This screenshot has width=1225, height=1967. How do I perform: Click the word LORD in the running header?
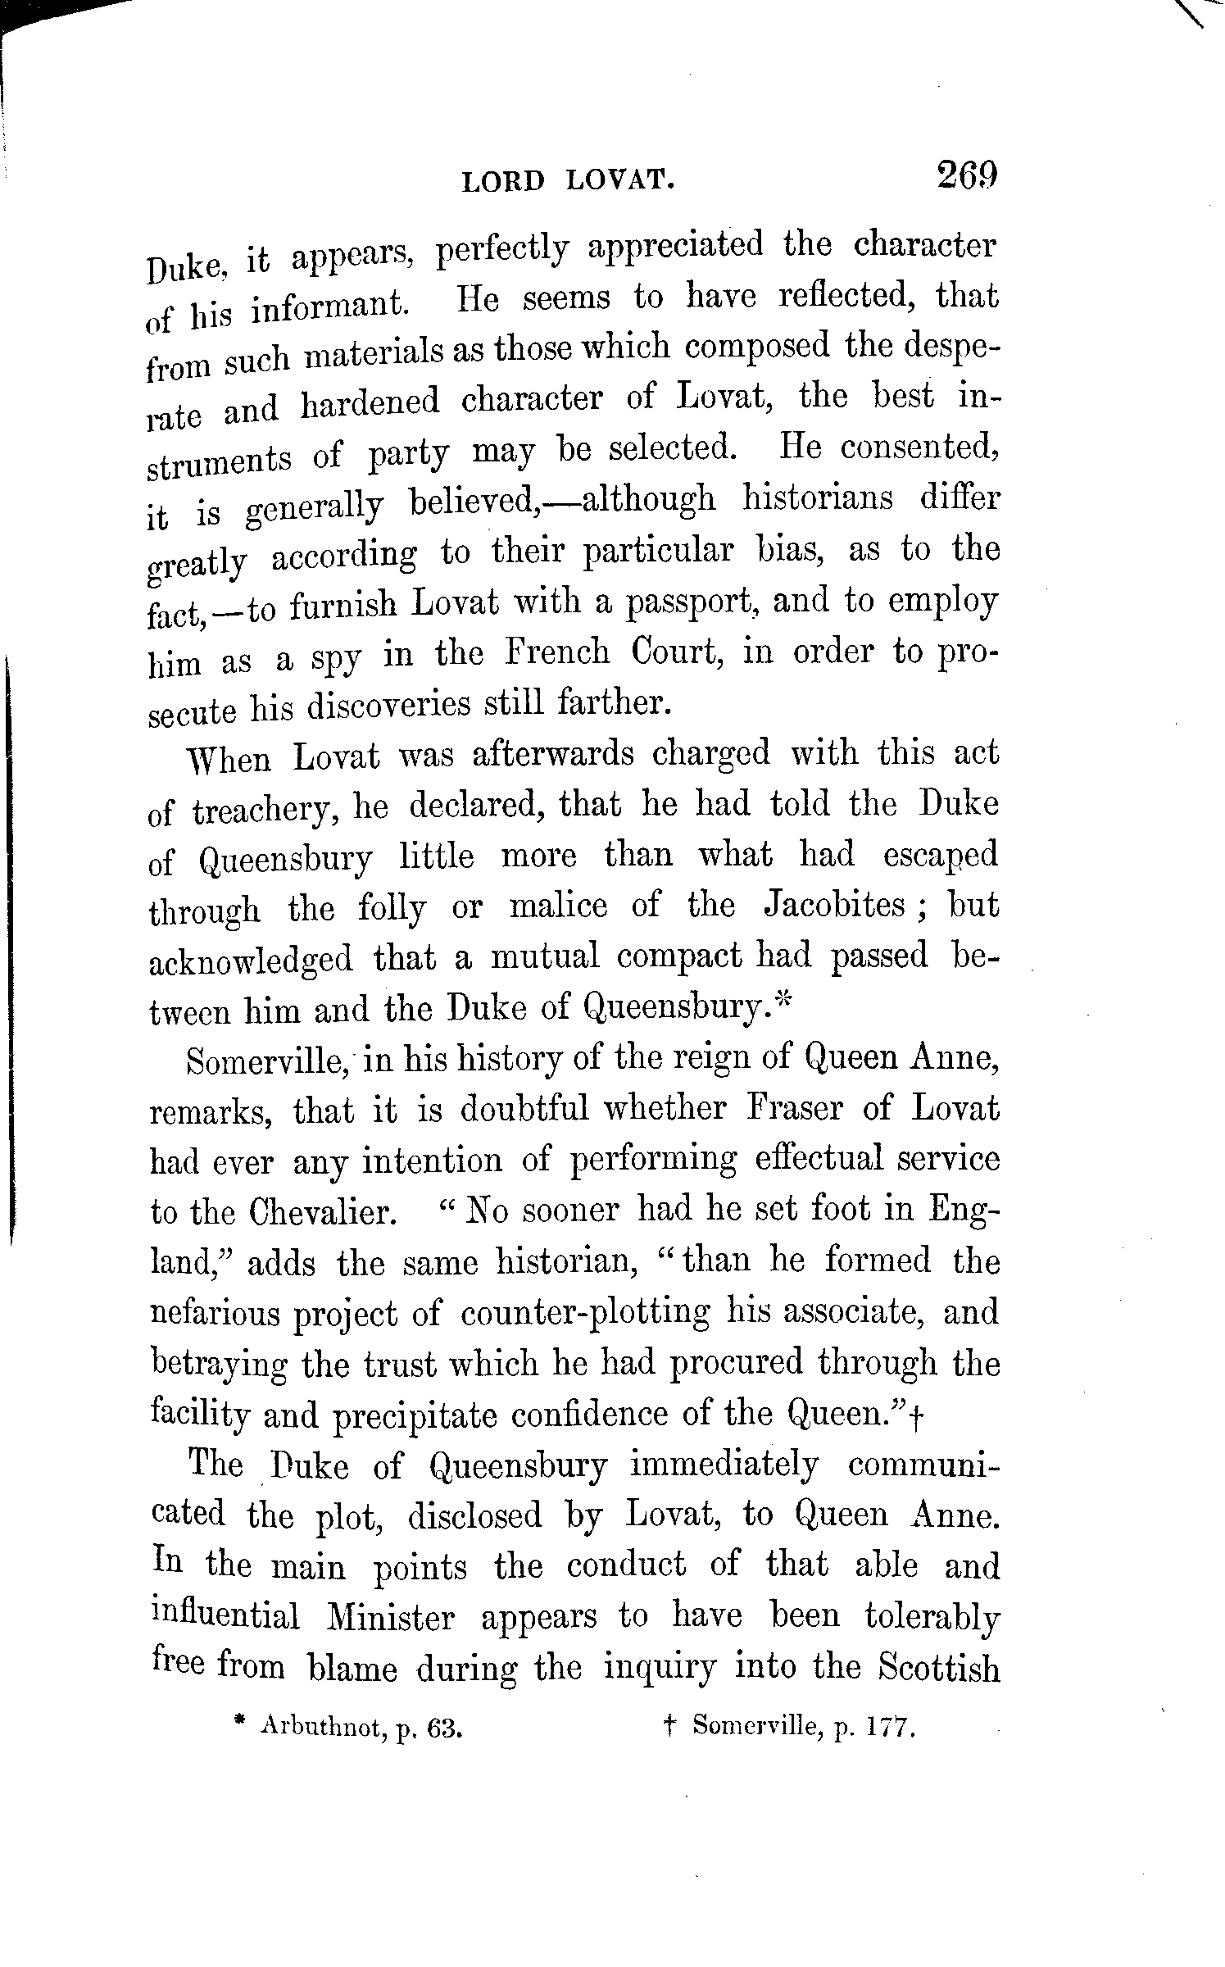tap(503, 181)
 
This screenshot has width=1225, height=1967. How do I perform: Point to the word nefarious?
tap(211, 1313)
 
